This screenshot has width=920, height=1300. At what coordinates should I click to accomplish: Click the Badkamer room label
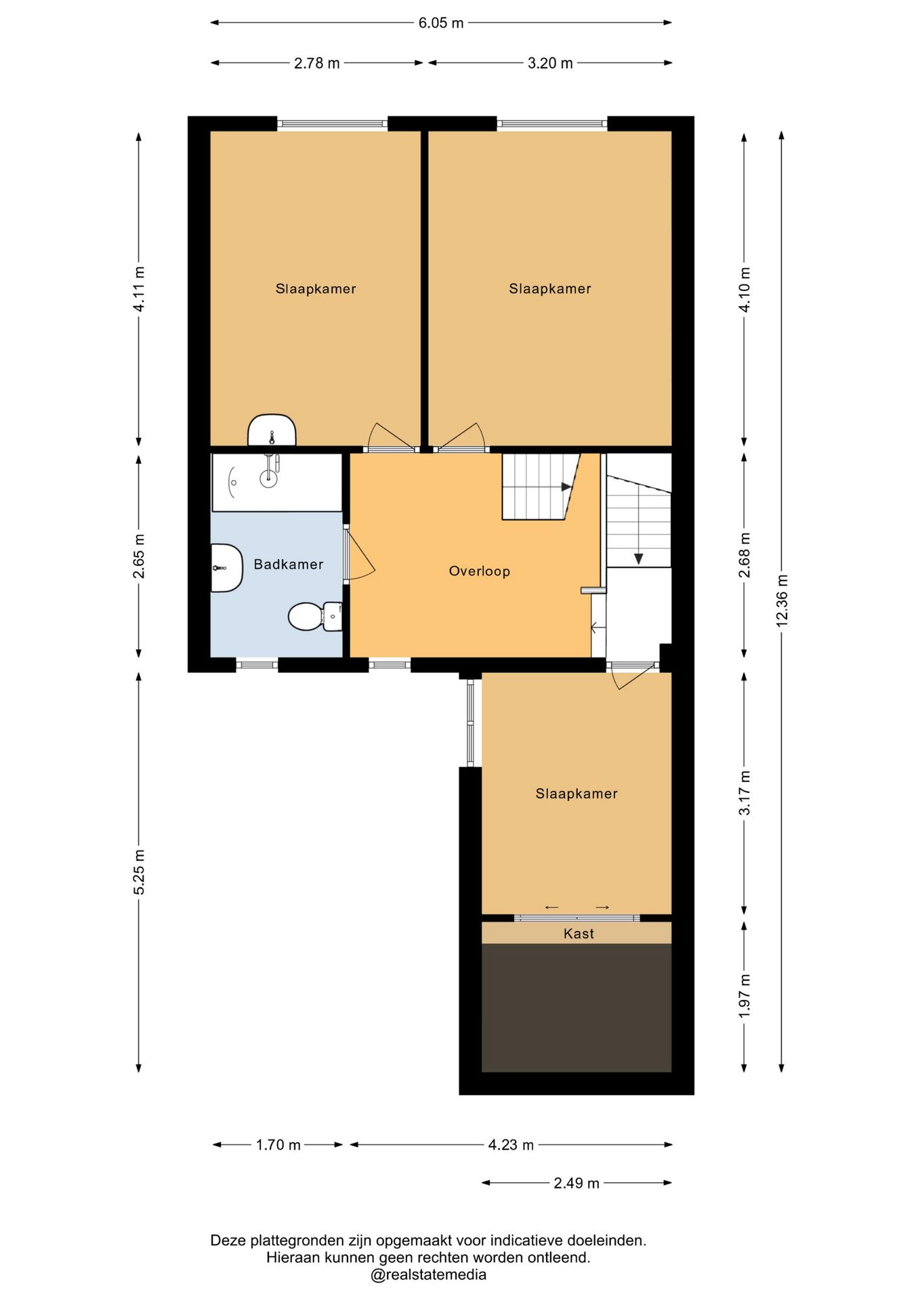(288, 564)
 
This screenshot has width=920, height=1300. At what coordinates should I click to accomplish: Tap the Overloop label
(479, 571)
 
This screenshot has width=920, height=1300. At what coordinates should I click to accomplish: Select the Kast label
(579, 934)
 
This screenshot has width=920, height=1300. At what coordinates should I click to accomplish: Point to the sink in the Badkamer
(226, 568)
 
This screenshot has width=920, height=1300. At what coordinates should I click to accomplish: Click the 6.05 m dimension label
(441, 23)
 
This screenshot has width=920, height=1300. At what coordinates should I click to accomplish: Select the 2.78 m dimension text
(317, 63)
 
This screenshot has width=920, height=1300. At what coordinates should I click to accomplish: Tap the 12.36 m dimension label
(782, 601)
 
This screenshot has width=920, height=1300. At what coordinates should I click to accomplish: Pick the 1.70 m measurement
(278, 1145)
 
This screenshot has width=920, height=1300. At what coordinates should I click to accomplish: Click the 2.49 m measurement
(577, 1183)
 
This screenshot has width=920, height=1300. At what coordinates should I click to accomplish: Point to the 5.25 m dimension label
(139, 872)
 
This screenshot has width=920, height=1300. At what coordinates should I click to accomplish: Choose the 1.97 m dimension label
(745, 996)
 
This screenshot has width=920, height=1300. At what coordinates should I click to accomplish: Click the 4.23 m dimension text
(511, 1145)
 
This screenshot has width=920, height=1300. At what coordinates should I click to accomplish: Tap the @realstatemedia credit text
(428, 1275)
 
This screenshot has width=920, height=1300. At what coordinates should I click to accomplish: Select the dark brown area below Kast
(577, 1007)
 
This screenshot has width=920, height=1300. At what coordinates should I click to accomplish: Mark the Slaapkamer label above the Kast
(577, 794)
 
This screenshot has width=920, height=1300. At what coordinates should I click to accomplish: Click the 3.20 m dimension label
(550, 63)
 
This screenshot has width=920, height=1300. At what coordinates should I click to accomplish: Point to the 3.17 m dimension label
(745, 793)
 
